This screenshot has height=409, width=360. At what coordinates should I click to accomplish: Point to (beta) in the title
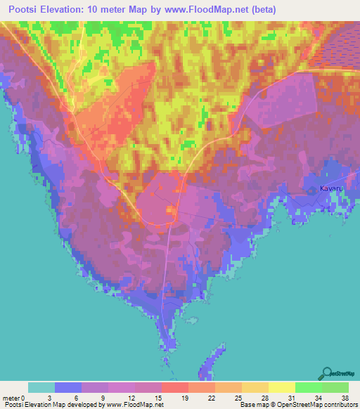[262, 10]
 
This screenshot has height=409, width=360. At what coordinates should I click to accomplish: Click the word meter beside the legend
[12, 398]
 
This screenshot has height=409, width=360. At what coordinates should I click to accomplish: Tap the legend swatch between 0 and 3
[41, 387]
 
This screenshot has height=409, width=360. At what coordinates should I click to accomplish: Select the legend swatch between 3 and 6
[67, 387]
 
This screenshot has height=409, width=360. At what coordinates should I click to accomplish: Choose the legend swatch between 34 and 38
[335, 387]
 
